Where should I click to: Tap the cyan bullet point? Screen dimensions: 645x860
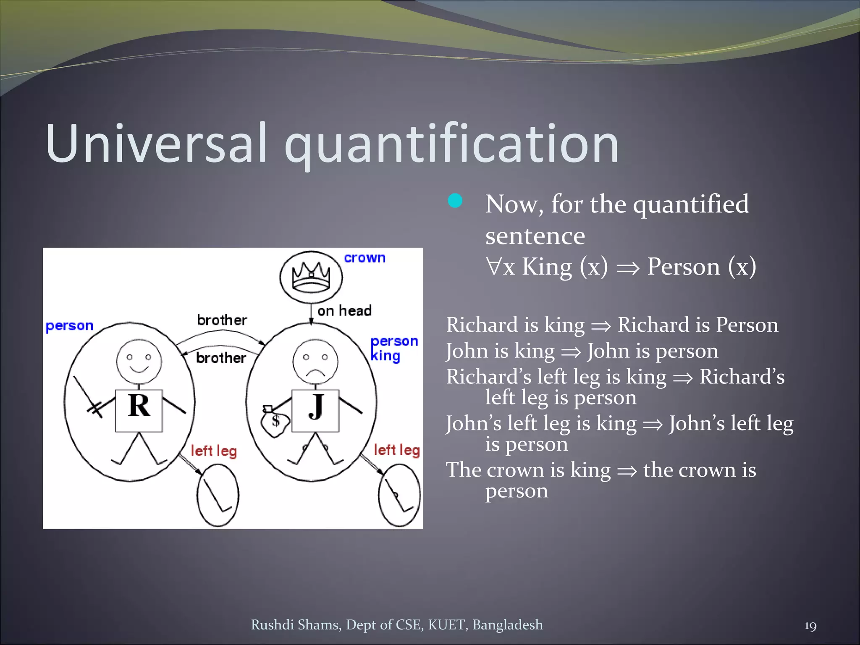pyautogui.click(x=455, y=201)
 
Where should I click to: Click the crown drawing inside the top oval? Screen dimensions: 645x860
pyautogui.click(x=311, y=277)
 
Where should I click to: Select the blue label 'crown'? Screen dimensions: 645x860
pyautogui.click(x=364, y=258)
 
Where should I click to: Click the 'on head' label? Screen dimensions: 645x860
pyautogui.click(x=344, y=311)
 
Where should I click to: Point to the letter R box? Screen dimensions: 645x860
pyautogui.click(x=139, y=410)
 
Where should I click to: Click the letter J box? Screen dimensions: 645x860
pyautogui.click(x=315, y=410)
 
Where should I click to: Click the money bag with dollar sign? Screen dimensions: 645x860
pyautogui.click(x=275, y=422)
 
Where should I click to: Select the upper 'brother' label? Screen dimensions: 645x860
pyautogui.click(x=222, y=320)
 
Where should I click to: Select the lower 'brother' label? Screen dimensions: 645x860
pyautogui.click(x=221, y=358)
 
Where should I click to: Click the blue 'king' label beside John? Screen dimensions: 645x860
pyautogui.click(x=385, y=357)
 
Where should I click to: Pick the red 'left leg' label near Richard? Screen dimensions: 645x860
pyautogui.click(x=214, y=451)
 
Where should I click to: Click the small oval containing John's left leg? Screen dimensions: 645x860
pyautogui.click(x=399, y=496)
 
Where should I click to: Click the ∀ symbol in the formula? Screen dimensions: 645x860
pyautogui.click(x=494, y=267)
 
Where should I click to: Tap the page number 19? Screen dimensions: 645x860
pyautogui.click(x=810, y=626)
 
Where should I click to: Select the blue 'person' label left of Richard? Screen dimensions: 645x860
pyautogui.click(x=69, y=326)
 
